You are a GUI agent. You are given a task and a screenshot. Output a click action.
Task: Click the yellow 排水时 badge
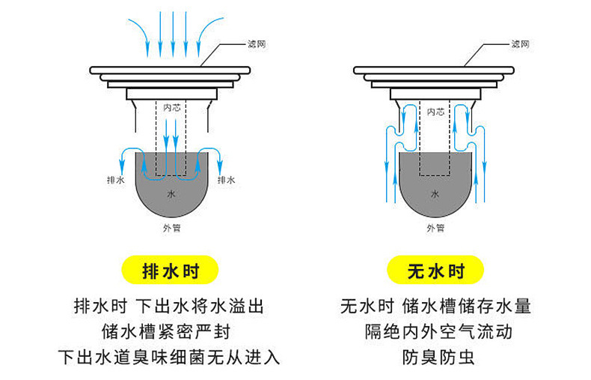[x=171, y=271]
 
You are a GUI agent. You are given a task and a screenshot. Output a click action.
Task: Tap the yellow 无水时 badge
[x=436, y=271]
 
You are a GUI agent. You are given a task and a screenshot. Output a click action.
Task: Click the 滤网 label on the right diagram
[x=521, y=45]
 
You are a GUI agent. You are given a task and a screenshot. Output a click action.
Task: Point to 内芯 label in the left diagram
[x=172, y=108]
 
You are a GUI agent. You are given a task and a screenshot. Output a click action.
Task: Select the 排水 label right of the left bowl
[x=226, y=181]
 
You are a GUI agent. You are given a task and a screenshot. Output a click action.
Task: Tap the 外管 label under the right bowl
[x=435, y=227]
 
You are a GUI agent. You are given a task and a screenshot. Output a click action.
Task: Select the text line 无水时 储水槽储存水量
[x=435, y=307]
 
